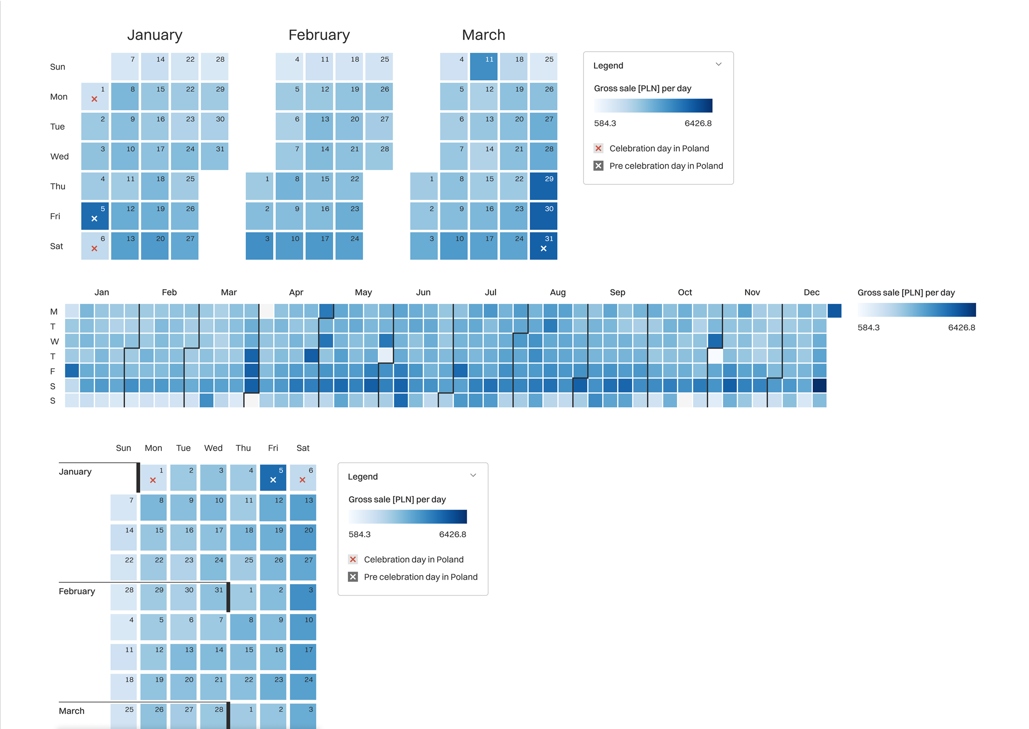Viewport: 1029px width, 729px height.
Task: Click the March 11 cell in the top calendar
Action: [483, 67]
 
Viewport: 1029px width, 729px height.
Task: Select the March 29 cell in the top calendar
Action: [543, 186]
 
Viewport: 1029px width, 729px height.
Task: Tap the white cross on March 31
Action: [543, 249]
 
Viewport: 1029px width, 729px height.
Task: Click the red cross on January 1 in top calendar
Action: [94, 99]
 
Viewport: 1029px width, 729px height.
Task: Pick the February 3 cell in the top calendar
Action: [259, 246]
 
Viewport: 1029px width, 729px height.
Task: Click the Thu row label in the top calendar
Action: [58, 186]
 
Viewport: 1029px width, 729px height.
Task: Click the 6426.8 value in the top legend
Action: [698, 123]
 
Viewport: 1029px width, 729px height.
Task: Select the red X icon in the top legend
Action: [598, 149]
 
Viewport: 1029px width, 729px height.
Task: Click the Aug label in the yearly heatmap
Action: [557, 292]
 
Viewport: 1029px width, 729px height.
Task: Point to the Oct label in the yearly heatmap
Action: [685, 292]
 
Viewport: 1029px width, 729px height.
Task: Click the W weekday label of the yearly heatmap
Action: [54, 342]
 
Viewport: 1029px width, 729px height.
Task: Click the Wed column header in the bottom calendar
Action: [213, 448]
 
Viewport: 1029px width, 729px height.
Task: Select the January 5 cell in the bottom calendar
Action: [273, 478]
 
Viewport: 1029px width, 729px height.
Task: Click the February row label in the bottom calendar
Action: [77, 591]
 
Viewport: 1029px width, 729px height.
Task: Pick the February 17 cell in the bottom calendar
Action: [303, 657]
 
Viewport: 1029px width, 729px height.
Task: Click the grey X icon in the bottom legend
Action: [353, 577]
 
